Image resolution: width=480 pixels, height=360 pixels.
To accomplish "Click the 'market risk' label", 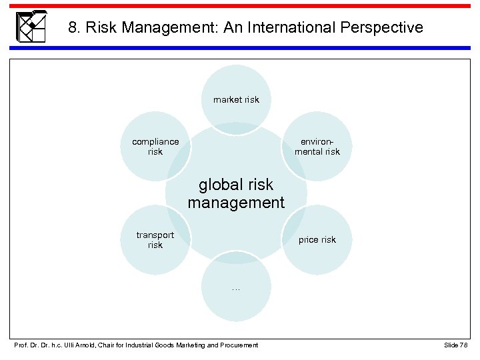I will (236, 99).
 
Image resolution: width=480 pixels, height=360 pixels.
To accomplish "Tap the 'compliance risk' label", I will (155, 146).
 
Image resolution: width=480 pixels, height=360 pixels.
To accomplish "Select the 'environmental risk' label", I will (317, 146).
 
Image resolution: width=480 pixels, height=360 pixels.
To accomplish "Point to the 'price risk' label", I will (317, 239).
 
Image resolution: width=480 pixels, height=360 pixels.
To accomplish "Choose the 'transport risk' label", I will (155, 239).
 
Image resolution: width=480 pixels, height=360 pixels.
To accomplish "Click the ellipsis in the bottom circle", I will (236, 288).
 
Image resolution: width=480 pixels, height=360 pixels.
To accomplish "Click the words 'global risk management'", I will (236, 193).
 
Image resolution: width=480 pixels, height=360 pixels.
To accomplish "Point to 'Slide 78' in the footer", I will (455, 345).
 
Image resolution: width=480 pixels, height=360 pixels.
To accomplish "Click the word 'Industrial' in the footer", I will (139, 345).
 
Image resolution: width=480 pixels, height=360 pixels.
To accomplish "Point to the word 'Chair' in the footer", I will (108, 345).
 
